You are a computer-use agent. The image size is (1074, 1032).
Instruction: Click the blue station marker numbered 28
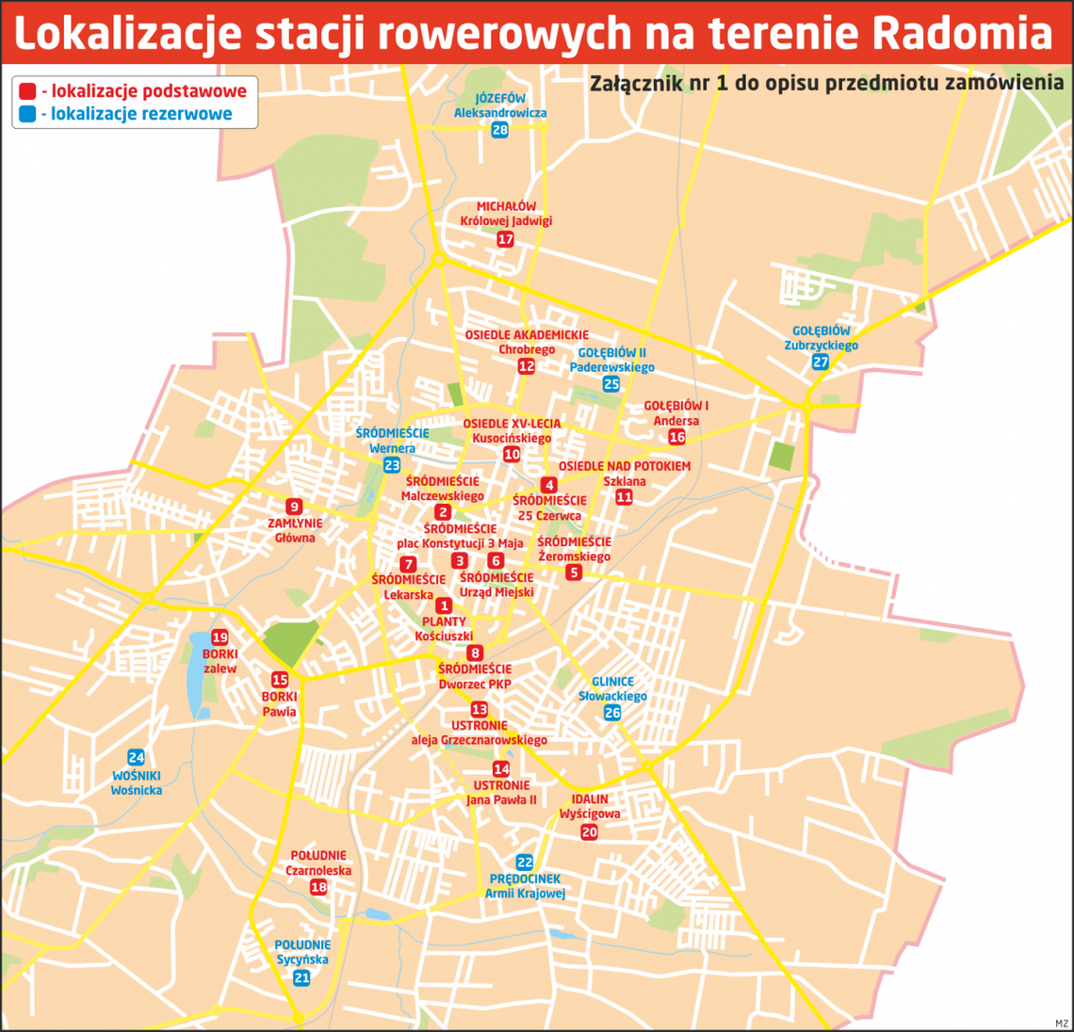(499, 130)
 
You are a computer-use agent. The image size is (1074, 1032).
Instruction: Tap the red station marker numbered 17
(506, 239)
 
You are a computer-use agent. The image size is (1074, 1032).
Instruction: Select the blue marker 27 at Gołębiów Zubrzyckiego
(821, 363)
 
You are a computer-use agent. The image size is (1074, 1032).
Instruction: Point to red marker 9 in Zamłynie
(294, 507)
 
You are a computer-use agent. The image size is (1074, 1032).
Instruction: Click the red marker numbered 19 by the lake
(220, 637)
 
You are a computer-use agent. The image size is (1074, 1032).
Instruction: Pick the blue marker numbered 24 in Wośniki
(136, 758)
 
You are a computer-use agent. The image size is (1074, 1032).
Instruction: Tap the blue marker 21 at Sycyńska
(301, 978)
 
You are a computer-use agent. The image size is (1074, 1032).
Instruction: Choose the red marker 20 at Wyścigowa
(589, 832)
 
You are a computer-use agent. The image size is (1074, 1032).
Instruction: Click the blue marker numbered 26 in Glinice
(612, 713)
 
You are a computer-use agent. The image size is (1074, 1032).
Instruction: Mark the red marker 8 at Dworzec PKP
(475, 653)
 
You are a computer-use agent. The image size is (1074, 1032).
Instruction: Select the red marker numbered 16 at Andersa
(676, 437)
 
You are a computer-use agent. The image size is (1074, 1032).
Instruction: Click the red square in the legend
(27, 91)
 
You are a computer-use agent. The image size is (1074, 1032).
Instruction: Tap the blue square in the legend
(27, 115)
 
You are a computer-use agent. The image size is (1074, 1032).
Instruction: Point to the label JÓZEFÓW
(500, 98)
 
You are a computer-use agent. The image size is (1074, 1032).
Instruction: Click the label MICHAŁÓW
(506, 206)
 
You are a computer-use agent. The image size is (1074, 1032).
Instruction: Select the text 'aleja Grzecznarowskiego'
(479, 740)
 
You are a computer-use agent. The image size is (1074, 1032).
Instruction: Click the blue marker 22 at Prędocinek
(525, 863)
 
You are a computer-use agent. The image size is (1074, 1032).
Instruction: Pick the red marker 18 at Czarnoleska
(318, 887)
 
